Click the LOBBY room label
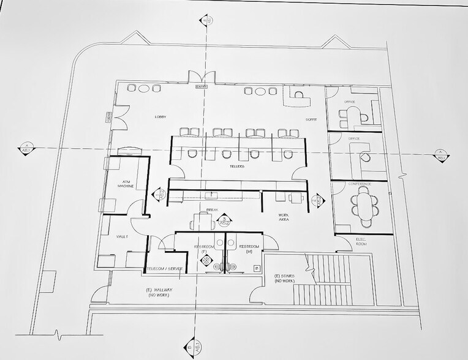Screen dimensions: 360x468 [x=161, y=116]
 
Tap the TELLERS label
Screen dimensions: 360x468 [x=238, y=166]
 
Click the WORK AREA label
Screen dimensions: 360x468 [x=283, y=217]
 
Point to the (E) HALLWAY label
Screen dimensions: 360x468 [x=157, y=292]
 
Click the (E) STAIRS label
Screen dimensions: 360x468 [x=285, y=279]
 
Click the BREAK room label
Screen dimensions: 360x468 [x=213, y=209]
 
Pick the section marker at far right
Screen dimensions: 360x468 [x=439, y=155]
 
